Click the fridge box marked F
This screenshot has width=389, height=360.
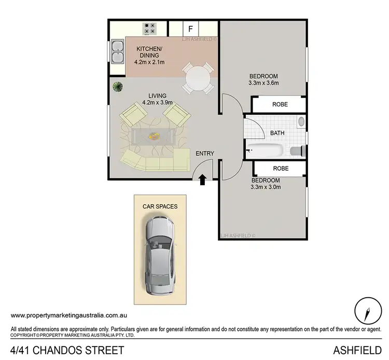click(190, 29)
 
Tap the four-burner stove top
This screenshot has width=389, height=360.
click(149, 29)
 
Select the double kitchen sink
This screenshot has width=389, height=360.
click(118, 51)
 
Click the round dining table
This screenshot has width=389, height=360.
click(198, 78)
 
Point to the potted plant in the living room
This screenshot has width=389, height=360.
click(118, 87)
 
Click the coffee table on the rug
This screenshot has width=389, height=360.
click(154, 136)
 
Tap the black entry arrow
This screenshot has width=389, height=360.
click(202, 179)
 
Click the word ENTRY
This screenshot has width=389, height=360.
click(205, 154)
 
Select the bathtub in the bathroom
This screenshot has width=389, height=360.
click(265, 150)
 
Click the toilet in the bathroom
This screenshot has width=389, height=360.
click(298, 151)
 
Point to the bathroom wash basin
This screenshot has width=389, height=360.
click(301, 121)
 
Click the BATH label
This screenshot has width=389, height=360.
click(277, 133)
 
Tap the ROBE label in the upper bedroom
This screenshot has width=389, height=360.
click(280, 104)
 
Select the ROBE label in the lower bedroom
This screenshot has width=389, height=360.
click(281, 169)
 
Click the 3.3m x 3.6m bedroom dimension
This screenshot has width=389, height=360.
click(263, 83)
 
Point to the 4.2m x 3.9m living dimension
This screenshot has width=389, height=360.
click(157, 103)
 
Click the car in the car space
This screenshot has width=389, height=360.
click(160, 256)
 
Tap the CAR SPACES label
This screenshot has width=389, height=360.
click(160, 206)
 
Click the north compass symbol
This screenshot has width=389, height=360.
click(368, 311)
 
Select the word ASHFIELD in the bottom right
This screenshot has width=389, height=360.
click(357, 350)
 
